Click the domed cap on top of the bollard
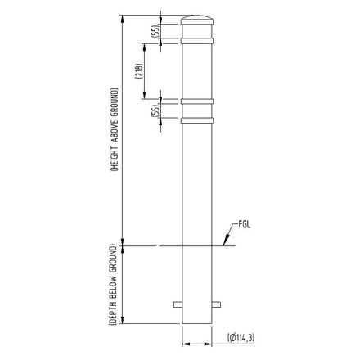(x=198, y=18)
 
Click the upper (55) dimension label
(x=155, y=32)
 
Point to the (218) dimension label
(x=140, y=76)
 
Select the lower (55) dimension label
(x=155, y=110)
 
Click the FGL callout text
(x=245, y=223)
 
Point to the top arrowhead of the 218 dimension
(x=144, y=43)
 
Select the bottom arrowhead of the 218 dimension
(x=144, y=99)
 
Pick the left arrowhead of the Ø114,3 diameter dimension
(x=184, y=336)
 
